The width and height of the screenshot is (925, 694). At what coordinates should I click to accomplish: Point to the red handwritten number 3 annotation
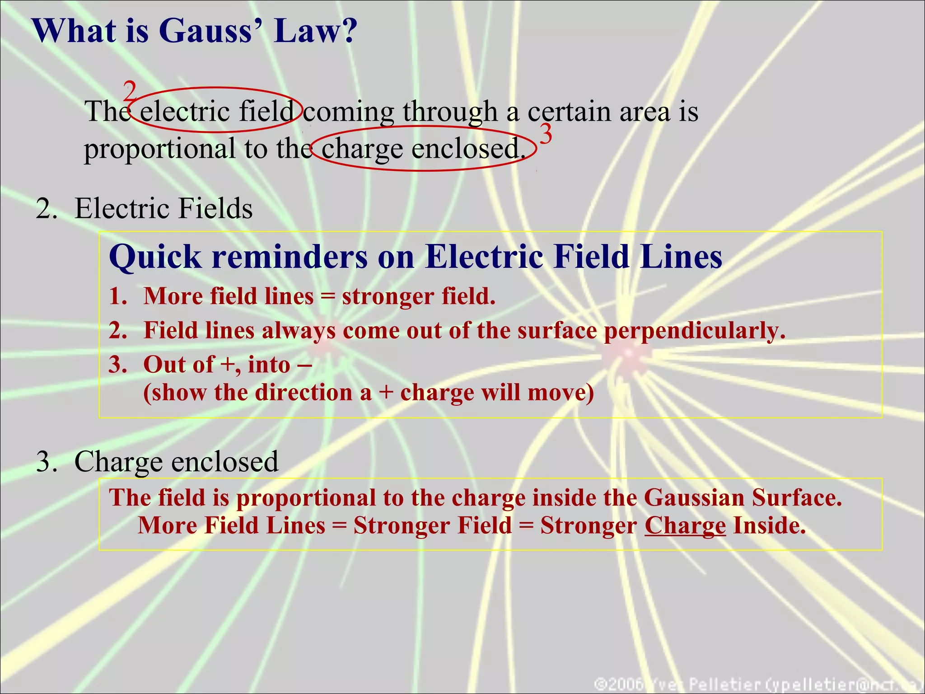pos(546,134)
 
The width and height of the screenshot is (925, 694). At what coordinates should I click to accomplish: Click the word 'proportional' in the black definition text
pos(159,149)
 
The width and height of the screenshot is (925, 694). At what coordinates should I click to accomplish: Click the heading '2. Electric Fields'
pos(145,208)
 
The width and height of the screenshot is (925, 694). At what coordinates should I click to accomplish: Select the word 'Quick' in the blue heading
pos(155,257)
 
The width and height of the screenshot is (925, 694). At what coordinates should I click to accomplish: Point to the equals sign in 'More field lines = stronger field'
pos(327,297)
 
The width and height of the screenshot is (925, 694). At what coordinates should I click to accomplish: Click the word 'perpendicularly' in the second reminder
pos(694,331)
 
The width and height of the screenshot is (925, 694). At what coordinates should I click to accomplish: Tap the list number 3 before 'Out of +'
pos(117,364)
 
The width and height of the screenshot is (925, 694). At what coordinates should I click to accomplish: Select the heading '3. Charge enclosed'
pos(157,461)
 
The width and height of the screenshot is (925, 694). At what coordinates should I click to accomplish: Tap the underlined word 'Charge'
pos(685,525)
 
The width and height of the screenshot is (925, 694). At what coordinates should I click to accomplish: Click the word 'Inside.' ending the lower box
pos(769,525)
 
